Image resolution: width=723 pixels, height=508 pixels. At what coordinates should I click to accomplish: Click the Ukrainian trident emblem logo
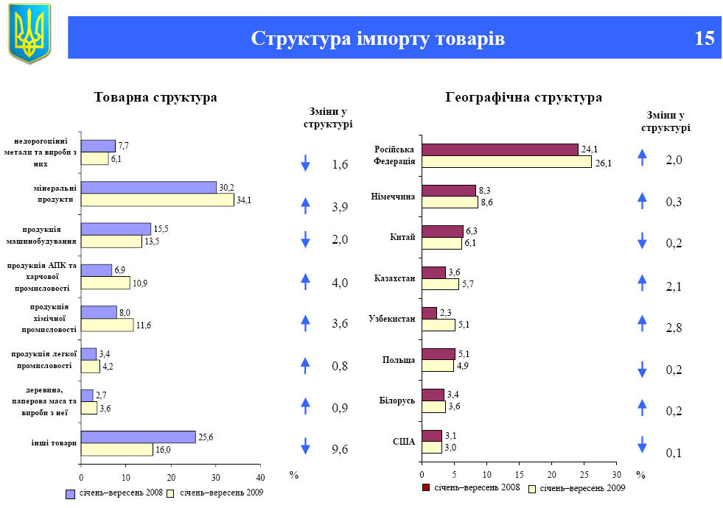tap(29, 32)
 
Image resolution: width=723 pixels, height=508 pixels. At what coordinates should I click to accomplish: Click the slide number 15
tap(704, 38)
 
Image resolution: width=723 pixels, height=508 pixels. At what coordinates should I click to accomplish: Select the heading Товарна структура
tap(156, 98)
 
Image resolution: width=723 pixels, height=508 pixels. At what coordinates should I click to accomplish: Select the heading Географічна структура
tap(524, 98)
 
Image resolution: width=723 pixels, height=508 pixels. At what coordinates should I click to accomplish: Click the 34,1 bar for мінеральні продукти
tap(157, 200)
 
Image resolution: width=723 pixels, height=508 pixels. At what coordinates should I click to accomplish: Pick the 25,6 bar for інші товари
tap(138, 437)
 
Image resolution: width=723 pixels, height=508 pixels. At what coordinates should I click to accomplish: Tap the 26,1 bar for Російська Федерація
tap(506, 162)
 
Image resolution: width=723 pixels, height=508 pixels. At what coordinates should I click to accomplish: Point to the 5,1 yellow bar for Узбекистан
tap(438, 325)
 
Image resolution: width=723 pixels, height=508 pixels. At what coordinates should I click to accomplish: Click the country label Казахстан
tap(394, 278)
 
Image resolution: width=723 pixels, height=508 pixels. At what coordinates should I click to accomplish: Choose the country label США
tap(404, 442)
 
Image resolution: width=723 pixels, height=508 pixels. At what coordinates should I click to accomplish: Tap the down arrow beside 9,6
tap(306, 446)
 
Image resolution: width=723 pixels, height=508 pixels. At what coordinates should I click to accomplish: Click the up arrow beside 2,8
tap(642, 323)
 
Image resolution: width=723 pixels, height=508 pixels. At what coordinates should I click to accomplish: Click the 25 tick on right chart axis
tap(584, 476)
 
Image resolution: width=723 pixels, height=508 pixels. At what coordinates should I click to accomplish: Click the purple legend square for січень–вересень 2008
tap(71, 493)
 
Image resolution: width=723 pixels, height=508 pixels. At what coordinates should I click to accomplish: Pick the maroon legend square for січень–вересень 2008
tap(426, 487)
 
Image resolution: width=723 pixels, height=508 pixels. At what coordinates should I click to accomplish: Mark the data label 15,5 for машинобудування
tap(161, 229)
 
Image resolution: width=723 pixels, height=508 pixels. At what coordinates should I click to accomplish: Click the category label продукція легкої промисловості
tap(42, 360)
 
